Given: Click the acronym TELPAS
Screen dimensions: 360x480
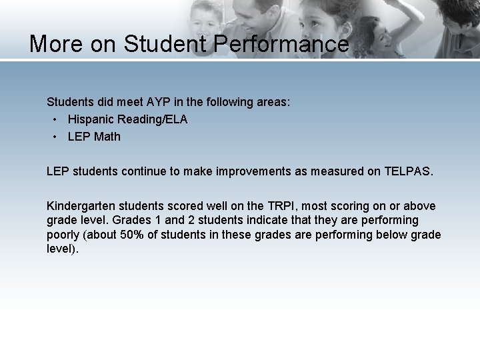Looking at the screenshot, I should point(408,171).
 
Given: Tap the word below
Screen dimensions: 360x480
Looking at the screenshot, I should point(393,235).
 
